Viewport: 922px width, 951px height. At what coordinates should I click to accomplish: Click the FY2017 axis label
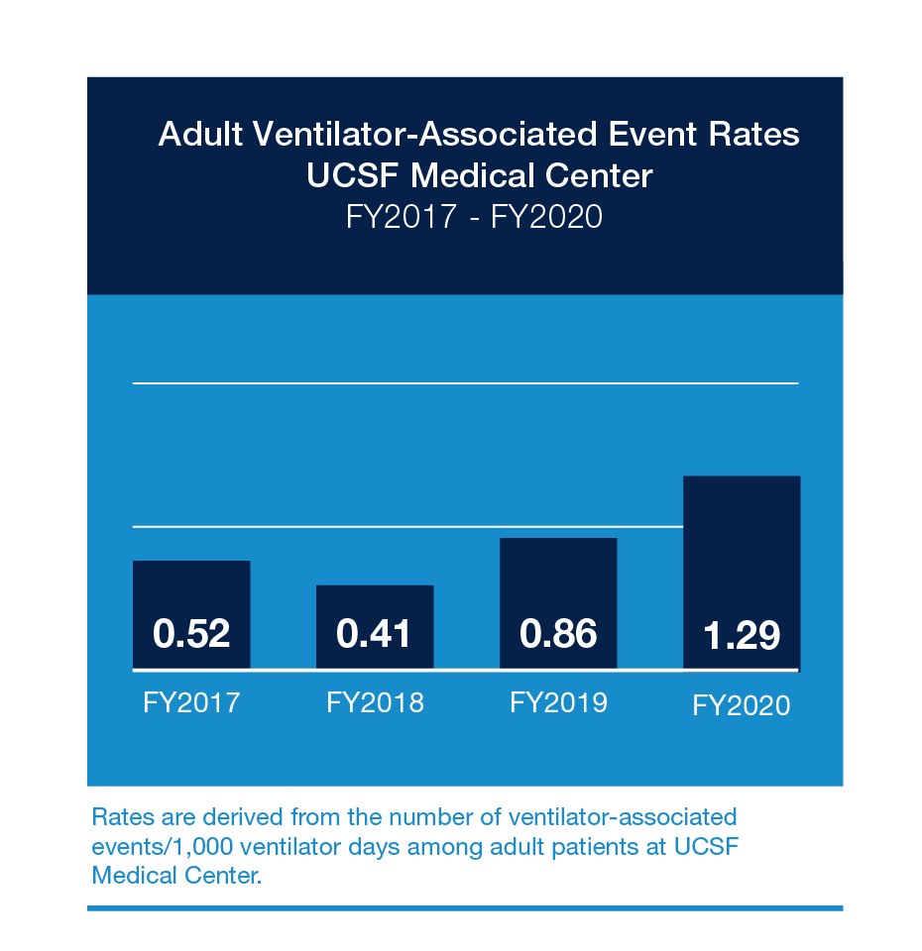tap(191, 702)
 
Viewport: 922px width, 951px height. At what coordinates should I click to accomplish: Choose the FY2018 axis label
tap(375, 702)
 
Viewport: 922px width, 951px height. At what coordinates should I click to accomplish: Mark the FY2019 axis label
tap(558, 702)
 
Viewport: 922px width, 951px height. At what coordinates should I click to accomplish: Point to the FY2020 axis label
tap(742, 705)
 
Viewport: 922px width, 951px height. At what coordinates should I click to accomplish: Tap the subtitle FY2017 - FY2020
tap(474, 216)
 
